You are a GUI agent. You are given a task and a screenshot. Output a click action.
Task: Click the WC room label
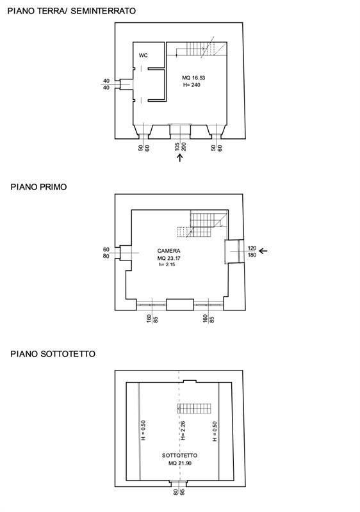click(143, 55)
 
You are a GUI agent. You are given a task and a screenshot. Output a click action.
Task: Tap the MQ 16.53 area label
click(193, 77)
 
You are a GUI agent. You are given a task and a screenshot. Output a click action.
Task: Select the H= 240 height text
click(192, 85)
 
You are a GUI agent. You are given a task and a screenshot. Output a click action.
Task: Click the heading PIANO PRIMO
click(38, 187)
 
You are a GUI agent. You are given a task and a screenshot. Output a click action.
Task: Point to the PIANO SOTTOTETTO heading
click(53, 354)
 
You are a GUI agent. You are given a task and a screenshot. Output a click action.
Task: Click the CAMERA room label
click(168, 251)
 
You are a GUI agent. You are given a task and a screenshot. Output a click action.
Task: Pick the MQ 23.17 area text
click(169, 258)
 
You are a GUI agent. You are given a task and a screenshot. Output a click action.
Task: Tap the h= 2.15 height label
click(167, 264)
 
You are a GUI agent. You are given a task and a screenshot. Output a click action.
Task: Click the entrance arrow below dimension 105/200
click(179, 157)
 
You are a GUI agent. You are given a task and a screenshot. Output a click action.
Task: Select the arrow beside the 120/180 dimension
click(263, 251)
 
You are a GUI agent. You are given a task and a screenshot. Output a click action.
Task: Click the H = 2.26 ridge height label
click(183, 430)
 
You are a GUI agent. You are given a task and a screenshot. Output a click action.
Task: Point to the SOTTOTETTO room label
click(179, 456)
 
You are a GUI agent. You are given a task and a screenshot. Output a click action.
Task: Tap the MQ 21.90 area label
click(179, 463)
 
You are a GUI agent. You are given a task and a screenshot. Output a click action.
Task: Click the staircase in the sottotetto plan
click(194, 408)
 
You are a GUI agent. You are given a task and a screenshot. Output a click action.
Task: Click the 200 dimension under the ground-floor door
click(184, 147)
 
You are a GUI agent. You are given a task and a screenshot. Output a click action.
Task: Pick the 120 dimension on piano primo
click(252, 248)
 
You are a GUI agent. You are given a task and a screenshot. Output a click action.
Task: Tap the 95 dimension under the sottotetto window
click(183, 492)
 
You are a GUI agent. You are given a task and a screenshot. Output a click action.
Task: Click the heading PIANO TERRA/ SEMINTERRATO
click(72, 11)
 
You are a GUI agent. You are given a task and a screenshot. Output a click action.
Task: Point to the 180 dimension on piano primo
click(252, 255)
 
